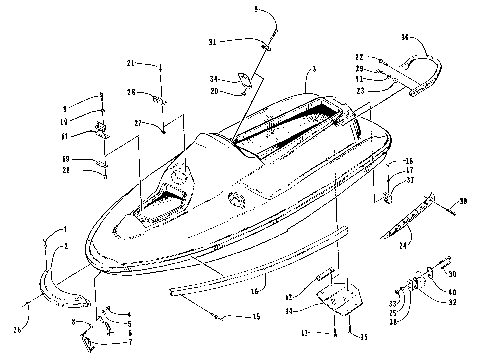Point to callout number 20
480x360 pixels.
(x=215, y=91)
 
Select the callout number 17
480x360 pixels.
(x=408, y=170)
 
